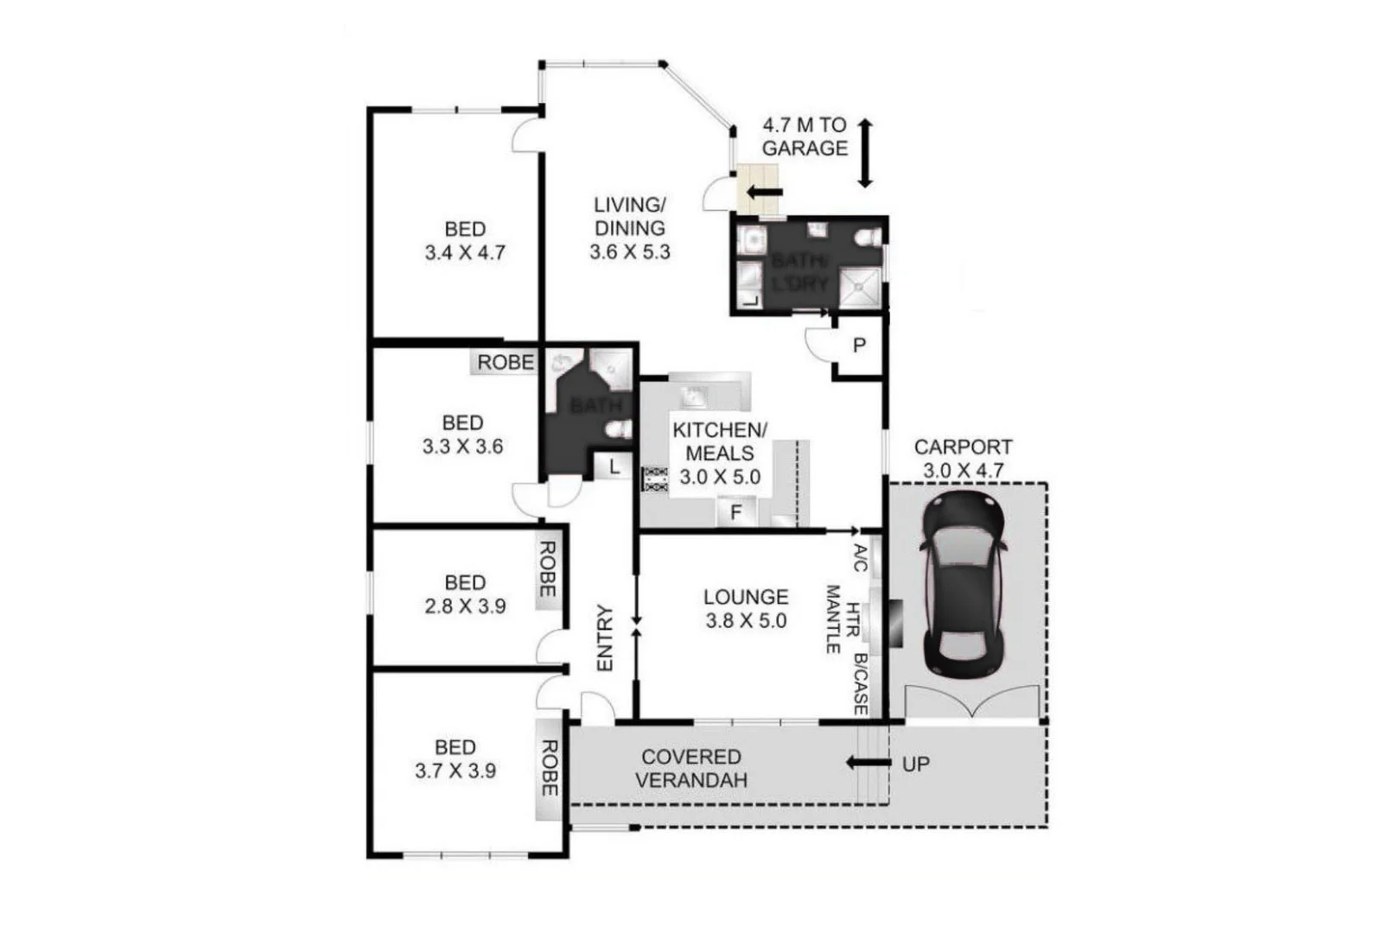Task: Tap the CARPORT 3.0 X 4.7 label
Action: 963,459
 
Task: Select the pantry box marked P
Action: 859,346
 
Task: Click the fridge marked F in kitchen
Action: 736,512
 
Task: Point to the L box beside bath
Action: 614,467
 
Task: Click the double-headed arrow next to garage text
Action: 865,153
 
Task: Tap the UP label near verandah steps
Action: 916,764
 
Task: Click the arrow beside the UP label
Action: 868,763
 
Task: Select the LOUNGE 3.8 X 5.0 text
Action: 746,608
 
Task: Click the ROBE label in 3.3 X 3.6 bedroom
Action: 506,363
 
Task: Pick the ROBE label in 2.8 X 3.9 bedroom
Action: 548,569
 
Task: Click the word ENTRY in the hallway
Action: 605,638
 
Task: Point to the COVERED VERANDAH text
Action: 690,768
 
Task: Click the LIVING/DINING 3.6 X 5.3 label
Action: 629,228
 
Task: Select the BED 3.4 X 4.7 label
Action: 465,241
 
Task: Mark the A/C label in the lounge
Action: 860,557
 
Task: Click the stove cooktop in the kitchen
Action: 655,479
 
